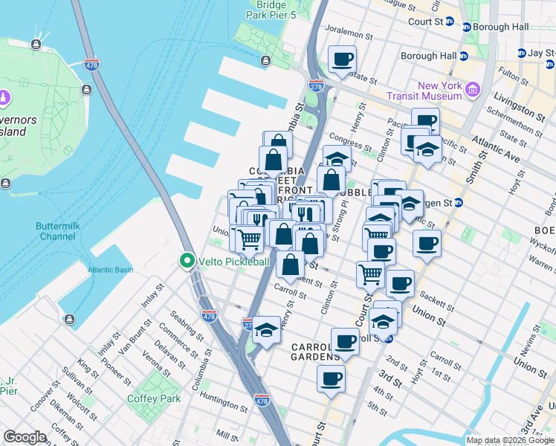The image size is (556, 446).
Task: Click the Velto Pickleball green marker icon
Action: [x=186, y=261]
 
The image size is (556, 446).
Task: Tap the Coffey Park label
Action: [x=159, y=398]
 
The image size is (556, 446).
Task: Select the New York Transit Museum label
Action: [x=429, y=91]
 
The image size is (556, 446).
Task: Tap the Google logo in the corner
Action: [x=25, y=437]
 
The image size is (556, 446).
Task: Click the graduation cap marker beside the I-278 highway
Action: [x=266, y=329]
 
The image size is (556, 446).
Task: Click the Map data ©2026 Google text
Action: [x=510, y=440]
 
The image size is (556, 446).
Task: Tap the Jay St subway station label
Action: [x=540, y=53]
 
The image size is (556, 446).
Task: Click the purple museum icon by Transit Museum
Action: [x=472, y=91]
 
